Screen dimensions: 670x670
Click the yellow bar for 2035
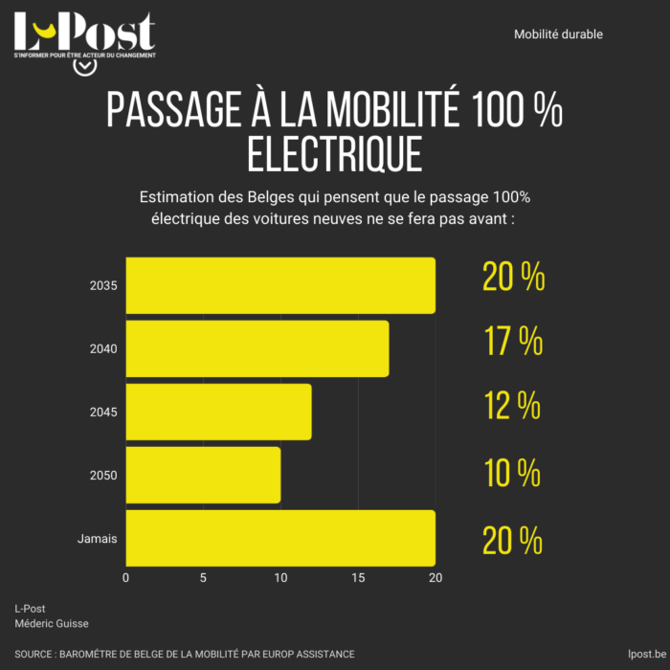point(280,285)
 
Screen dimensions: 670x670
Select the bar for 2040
point(257,348)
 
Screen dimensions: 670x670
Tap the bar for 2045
point(218,412)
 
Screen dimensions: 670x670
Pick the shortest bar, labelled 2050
point(203,475)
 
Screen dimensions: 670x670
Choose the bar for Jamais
point(280,538)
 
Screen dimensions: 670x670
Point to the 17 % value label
point(513,342)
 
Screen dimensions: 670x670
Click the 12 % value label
point(513,407)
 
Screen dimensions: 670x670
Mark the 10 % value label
point(513,472)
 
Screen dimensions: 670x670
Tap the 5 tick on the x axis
point(203,577)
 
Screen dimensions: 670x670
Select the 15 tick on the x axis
point(358,577)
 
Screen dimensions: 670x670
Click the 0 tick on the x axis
point(126,577)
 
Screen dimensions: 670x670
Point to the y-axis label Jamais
point(97,539)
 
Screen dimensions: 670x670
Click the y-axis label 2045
point(103,413)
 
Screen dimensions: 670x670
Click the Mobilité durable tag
point(558,34)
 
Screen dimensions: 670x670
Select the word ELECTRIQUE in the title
point(334,154)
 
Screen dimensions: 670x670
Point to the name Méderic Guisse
point(52,623)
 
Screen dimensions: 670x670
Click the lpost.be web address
point(636,654)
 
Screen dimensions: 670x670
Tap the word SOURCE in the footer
point(33,654)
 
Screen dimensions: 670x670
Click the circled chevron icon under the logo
point(84,68)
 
